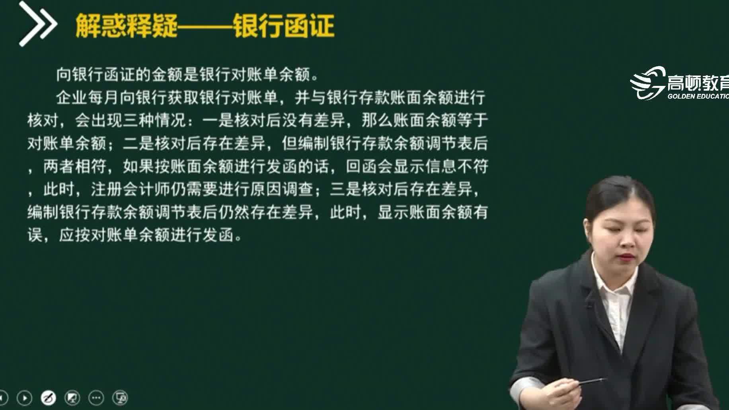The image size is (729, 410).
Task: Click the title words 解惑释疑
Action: (x=126, y=26)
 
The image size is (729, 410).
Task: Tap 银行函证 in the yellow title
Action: (x=283, y=26)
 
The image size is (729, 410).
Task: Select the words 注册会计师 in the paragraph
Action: (x=131, y=189)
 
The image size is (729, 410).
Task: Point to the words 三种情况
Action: (x=154, y=120)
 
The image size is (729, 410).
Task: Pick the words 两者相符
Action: (x=75, y=166)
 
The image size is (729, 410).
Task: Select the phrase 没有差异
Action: (x=314, y=120)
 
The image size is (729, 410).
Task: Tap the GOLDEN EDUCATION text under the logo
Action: (x=698, y=96)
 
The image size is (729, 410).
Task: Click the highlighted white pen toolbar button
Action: (x=49, y=398)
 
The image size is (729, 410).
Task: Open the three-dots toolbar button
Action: (x=96, y=398)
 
